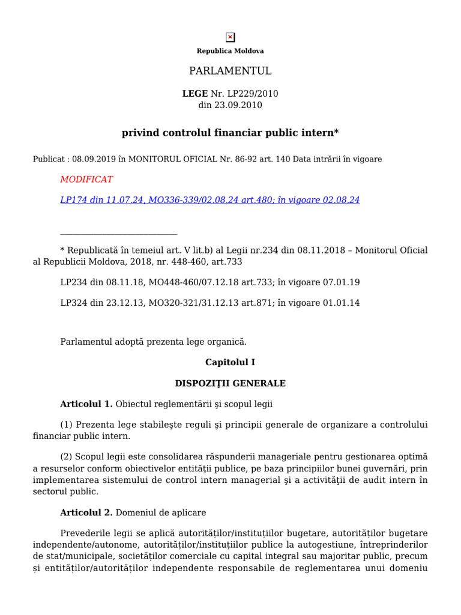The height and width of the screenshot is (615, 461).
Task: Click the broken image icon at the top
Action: (230, 37)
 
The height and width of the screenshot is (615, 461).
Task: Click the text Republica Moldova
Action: (230, 51)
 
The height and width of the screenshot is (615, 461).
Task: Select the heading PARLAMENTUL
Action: (230, 71)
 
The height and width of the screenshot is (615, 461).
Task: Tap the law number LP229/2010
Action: (253, 94)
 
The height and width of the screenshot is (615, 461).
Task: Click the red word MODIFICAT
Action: (86, 179)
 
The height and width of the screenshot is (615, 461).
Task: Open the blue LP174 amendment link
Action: (209, 200)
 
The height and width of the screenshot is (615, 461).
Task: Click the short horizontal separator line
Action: (119, 234)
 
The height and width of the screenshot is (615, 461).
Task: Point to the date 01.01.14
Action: (342, 303)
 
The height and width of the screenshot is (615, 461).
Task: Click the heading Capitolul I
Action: (230, 362)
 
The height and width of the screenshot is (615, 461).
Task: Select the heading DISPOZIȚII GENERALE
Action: (230, 383)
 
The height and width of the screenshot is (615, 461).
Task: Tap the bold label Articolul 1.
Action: (86, 404)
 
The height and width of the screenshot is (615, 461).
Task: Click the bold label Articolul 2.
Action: (86, 513)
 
